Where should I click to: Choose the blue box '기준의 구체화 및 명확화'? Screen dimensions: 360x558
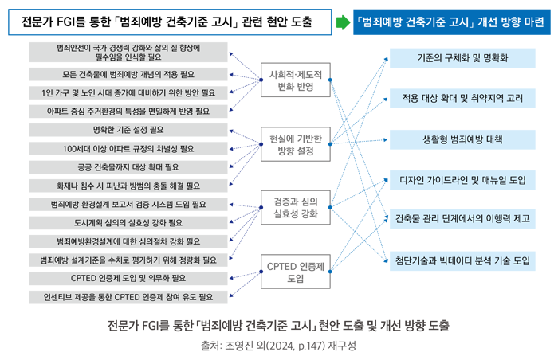tap(462, 59)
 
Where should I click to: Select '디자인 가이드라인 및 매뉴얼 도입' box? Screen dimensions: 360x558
tap(462, 180)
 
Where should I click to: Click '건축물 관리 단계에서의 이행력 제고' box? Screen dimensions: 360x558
tap(462, 219)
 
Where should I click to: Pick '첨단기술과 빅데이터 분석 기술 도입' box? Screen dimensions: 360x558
tap(462, 260)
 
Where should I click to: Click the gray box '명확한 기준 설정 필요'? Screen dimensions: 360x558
tap(128, 130)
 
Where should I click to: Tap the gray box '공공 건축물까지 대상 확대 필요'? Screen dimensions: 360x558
tap(128, 167)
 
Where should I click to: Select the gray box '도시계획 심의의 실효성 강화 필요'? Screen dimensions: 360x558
tap(128, 222)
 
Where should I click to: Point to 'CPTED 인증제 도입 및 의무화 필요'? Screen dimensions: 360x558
tap(128, 278)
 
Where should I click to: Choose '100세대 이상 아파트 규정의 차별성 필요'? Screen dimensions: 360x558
tap(128, 149)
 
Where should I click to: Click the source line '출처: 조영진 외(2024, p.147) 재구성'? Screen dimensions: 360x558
tap(279, 347)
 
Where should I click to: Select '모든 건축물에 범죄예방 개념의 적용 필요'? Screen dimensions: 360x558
tap(128, 74)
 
